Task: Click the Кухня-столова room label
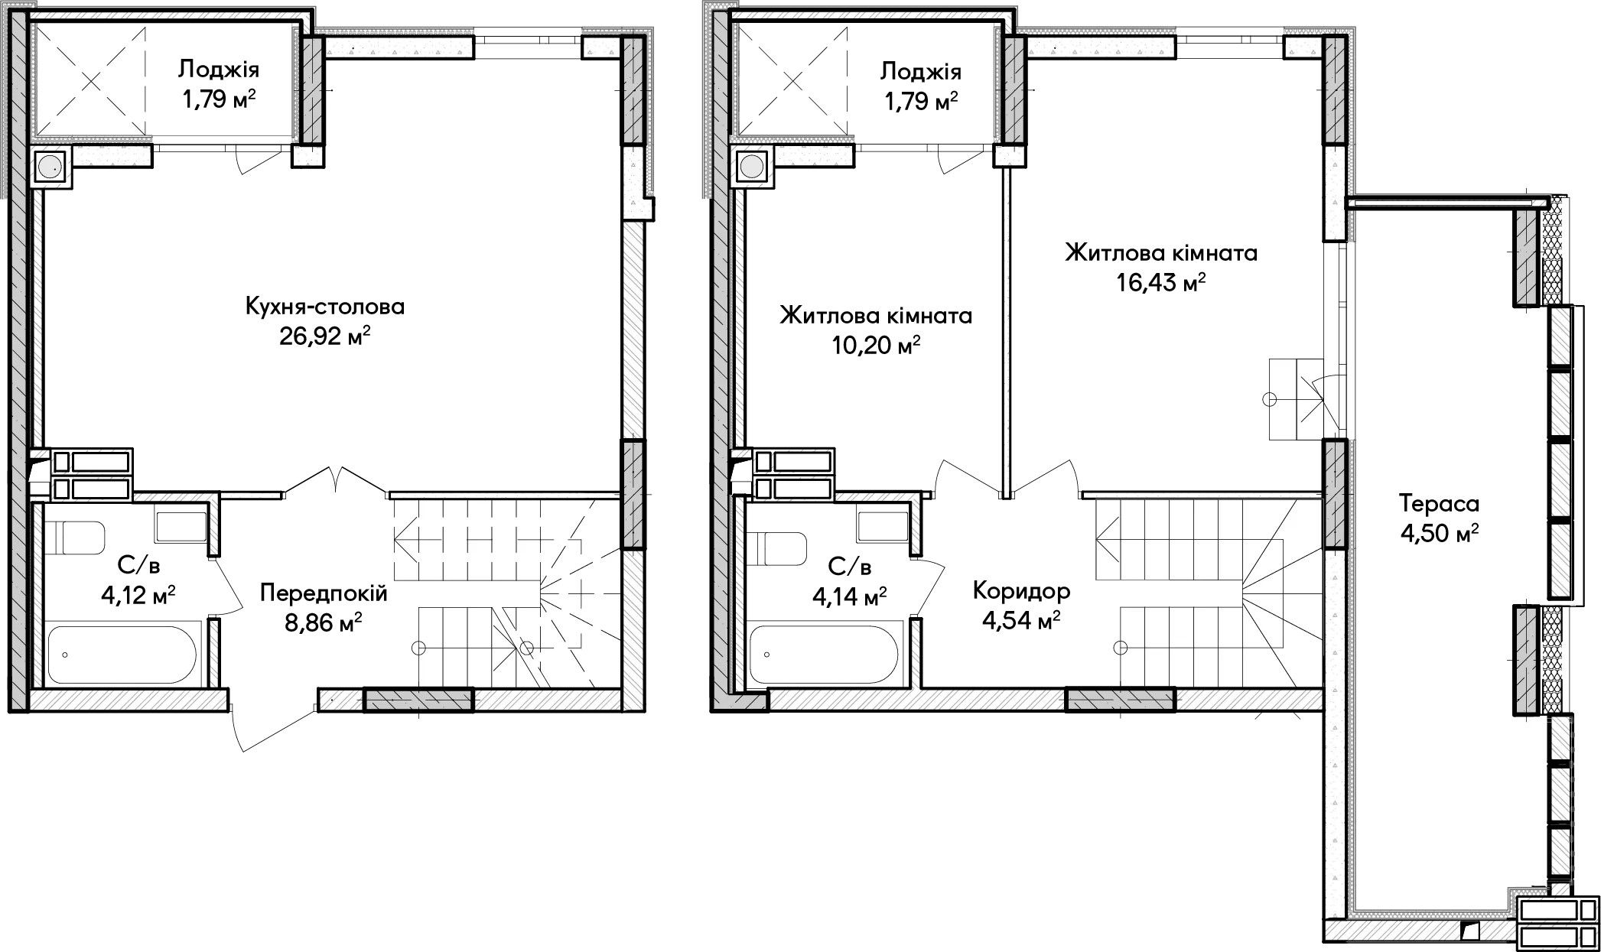click(x=325, y=307)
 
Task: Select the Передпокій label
click(x=324, y=593)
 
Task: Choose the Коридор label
click(x=1021, y=590)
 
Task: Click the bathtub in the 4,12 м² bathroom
click(x=123, y=655)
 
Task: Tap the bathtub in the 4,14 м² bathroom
click(x=825, y=655)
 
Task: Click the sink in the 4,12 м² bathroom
click(x=181, y=526)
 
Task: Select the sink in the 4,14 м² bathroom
click(x=883, y=526)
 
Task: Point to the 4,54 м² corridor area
click(x=1021, y=620)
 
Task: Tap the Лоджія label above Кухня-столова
click(x=219, y=70)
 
